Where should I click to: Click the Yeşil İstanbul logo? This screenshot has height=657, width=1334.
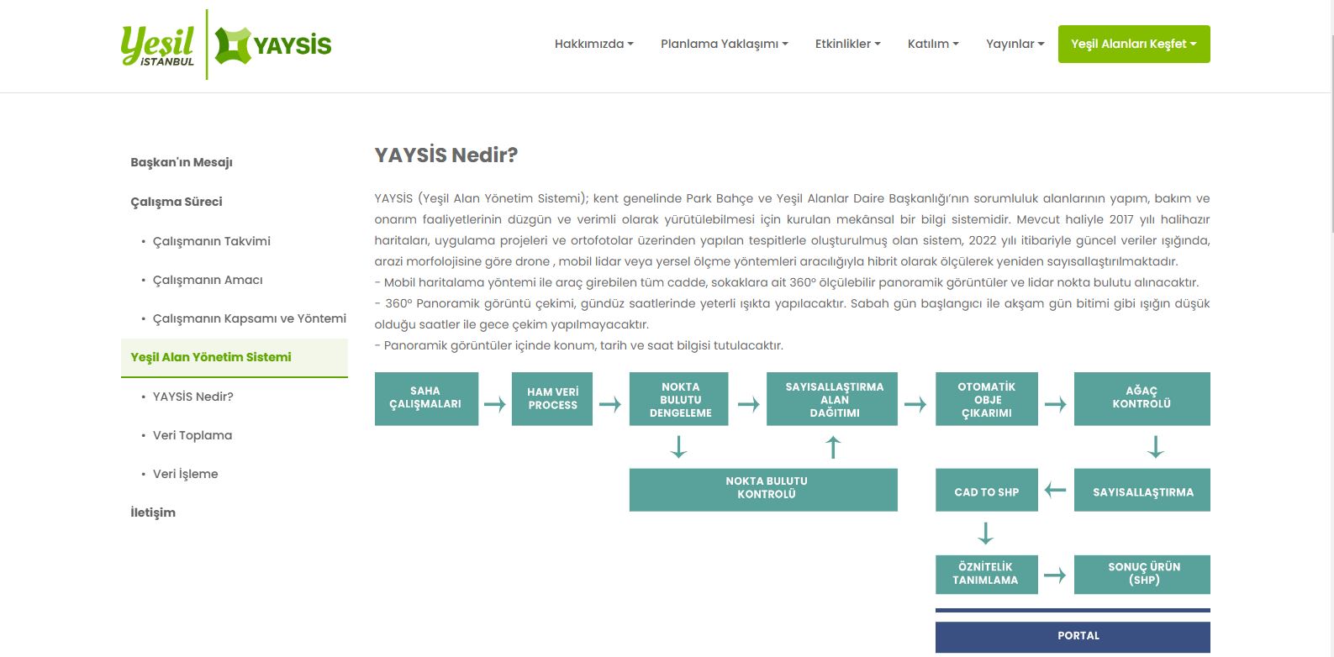(x=158, y=45)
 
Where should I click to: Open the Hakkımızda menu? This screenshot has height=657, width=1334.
(x=593, y=44)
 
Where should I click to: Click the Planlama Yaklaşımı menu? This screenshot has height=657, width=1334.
(x=724, y=44)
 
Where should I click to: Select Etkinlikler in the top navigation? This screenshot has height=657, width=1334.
(x=847, y=44)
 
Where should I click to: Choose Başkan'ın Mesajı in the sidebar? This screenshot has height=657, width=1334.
(x=182, y=162)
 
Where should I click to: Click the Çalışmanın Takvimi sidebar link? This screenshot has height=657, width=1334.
(x=211, y=241)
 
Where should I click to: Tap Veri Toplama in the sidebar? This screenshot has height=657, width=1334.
(x=192, y=435)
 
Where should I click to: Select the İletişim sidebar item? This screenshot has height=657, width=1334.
(x=153, y=512)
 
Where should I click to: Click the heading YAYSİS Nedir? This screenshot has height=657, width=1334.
(x=446, y=155)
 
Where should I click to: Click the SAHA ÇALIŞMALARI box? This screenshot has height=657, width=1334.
(x=426, y=398)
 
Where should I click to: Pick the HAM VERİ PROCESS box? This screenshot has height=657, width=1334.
(x=552, y=398)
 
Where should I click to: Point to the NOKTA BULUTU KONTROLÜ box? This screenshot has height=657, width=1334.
(x=763, y=489)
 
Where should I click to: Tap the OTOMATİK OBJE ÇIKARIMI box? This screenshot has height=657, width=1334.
(x=986, y=399)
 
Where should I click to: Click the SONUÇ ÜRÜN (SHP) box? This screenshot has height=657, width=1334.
(x=1142, y=574)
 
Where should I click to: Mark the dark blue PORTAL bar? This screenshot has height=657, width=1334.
(x=1073, y=636)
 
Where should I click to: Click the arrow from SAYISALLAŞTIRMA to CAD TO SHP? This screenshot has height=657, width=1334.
(x=1055, y=491)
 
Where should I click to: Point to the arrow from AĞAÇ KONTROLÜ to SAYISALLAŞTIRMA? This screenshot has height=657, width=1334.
(x=1156, y=446)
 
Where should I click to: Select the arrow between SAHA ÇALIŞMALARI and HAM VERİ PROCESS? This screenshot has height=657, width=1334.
(x=495, y=405)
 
